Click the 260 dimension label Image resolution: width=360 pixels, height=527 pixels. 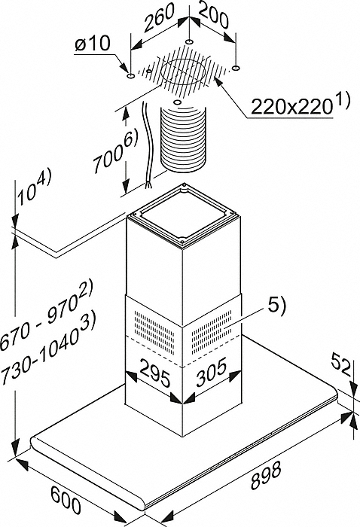[160, 18]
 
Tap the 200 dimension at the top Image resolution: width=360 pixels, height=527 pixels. [213, 15]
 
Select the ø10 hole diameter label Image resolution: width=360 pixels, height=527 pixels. [92, 44]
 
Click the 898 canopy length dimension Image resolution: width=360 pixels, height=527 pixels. [265, 476]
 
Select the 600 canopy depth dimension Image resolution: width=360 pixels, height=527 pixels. [66, 496]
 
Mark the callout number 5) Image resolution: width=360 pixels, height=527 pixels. [275, 306]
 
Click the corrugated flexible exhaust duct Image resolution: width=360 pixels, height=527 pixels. [183, 138]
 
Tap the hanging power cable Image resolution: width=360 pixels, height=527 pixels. [147, 145]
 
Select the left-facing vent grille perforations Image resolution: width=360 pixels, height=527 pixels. [154, 332]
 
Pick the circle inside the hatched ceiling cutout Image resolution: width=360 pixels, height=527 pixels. [183, 72]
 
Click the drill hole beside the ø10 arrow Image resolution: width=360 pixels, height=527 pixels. [130, 77]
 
